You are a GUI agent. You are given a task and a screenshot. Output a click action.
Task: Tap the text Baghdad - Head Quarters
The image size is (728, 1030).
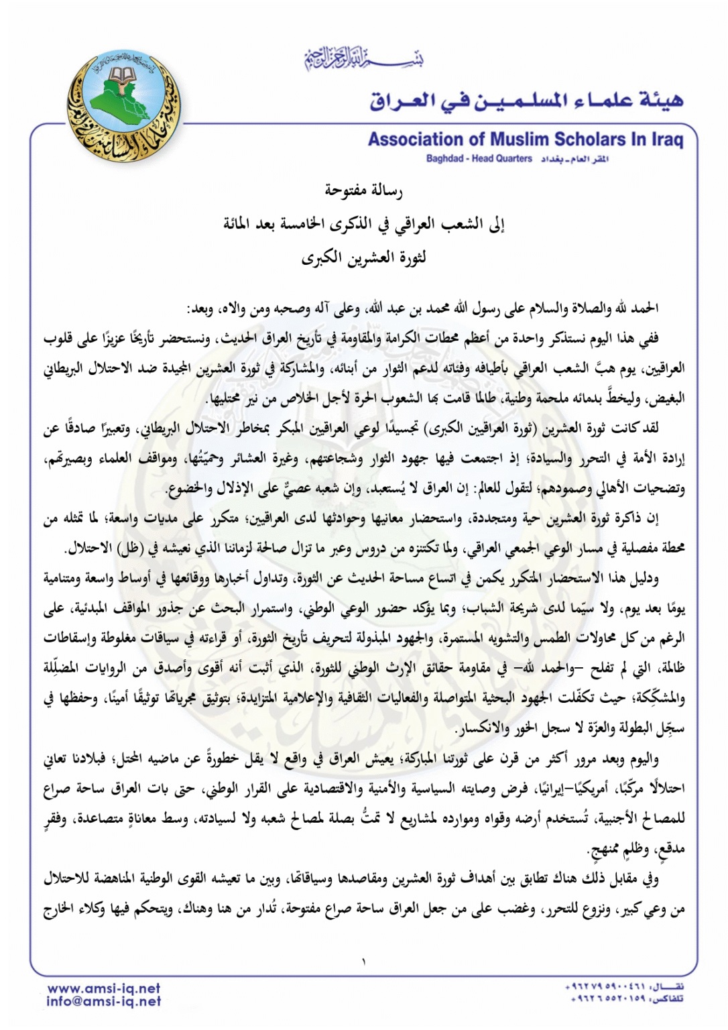click(479, 159)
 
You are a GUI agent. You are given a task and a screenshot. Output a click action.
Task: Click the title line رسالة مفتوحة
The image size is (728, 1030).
click(363, 191)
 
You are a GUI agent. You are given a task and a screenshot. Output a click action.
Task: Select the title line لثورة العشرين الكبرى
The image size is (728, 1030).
click(363, 257)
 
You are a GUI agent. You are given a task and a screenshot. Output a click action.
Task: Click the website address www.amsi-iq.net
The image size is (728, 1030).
click(104, 988)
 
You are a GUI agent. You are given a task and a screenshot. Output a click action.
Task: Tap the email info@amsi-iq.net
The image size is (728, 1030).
click(104, 1001)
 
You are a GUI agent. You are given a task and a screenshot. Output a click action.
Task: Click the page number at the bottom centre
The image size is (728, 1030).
click(363, 962)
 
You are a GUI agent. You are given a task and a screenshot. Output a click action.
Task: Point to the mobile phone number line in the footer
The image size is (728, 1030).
click(623, 987)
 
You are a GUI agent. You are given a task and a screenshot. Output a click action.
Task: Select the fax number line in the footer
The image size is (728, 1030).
click(623, 999)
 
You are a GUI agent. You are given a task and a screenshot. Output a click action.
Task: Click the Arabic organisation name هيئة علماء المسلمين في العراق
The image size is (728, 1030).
click(527, 101)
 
